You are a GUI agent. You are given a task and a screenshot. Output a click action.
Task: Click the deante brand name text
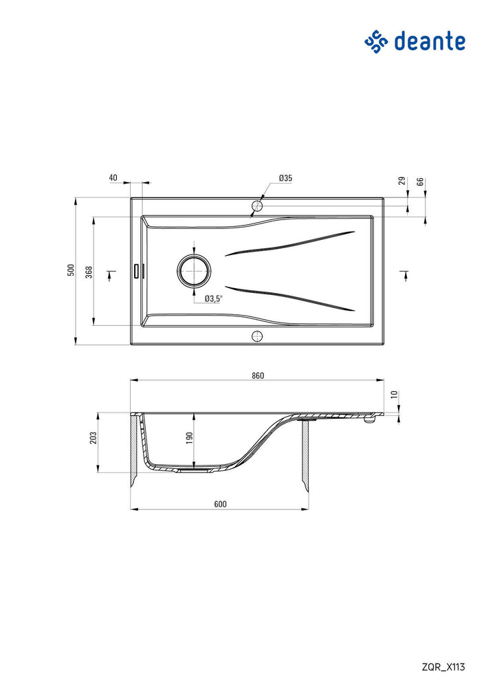pos(430,41)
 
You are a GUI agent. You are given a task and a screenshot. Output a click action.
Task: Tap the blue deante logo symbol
pos(376,42)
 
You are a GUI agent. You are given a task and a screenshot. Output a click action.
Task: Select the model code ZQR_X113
pos(443,667)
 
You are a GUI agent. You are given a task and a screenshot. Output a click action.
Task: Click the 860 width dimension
pos(258,375)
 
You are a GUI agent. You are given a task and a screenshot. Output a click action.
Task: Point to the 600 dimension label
pos(220,504)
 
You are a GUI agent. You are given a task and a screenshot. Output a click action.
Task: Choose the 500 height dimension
pos(71,270)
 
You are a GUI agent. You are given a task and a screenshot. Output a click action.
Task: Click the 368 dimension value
pos(89,272)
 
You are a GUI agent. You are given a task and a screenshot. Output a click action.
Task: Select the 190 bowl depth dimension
pos(189,438)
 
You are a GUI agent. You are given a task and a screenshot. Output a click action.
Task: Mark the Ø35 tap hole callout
pos(285,178)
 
